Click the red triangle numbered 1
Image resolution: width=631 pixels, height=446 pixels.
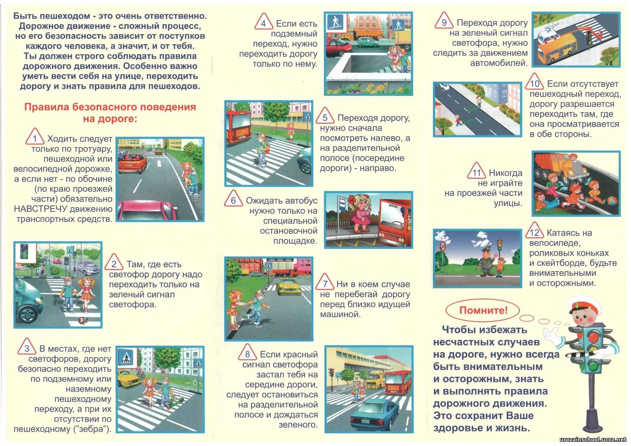pyautogui.click(x=34, y=137)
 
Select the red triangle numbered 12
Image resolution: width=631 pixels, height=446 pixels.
pyautogui.click(x=534, y=231)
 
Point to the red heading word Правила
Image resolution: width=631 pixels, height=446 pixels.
pyautogui.click(x=45, y=107)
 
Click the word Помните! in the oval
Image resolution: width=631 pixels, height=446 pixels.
pyautogui.click(x=483, y=310)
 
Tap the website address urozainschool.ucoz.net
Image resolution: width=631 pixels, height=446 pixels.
pyautogui.click(x=593, y=440)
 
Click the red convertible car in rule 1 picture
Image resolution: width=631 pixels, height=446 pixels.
pyautogui.click(x=132, y=163)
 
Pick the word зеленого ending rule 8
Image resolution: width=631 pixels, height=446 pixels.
pyautogui.click(x=298, y=425)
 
